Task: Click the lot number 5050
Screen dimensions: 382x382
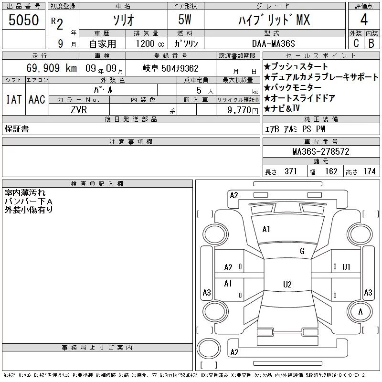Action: pyautogui.click(x=23, y=20)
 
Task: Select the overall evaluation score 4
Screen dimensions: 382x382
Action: pyautogui.click(x=364, y=20)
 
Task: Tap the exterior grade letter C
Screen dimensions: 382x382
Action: pyautogui.click(x=356, y=43)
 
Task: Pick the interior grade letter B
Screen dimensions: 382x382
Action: pyautogui.click(x=371, y=43)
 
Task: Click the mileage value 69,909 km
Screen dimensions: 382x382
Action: pyautogui.click(x=52, y=68)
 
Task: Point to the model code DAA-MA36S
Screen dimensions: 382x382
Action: pyautogui.click(x=273, y=43)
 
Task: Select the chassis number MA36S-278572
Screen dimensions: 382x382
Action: pyautogui.click(x=321, y=151)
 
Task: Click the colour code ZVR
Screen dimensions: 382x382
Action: pyautogui.click(x=79, y=110)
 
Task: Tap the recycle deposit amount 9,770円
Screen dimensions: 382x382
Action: pyautogui.click(x=243, y=110)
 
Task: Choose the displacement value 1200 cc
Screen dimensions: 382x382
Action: pyautogui.click(x=150, y=44)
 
